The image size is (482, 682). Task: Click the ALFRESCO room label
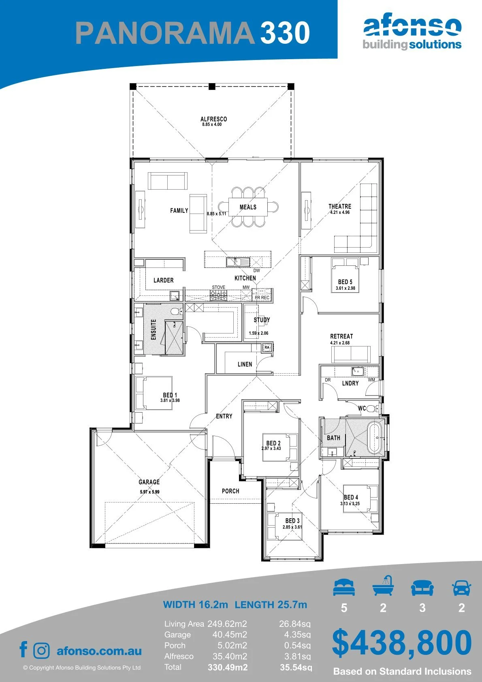[213, 119]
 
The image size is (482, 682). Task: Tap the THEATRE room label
[340, 206]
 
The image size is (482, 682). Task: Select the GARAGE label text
[149, 482]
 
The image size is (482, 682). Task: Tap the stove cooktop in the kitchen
[218, 295]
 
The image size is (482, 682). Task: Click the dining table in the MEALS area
[248, 207]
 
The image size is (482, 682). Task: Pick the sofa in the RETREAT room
[351, 354]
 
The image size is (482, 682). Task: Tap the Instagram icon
[41, 650]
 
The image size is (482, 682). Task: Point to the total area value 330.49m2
[228, 667]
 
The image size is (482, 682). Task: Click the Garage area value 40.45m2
[230, 635]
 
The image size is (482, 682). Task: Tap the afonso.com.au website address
[99, 651]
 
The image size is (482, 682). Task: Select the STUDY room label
[262, 320]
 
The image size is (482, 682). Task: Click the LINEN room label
[245, 364]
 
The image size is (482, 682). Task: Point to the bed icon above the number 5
[344, 587]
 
